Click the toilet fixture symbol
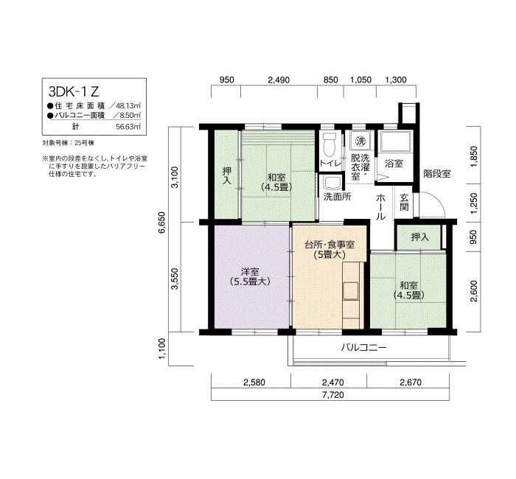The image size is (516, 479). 329,144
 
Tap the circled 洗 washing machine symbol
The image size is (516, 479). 361,141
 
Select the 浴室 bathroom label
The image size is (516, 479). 394,163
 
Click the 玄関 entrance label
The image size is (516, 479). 405,202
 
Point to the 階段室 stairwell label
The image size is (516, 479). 437,174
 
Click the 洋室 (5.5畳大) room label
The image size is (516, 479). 250,276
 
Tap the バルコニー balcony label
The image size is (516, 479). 363,347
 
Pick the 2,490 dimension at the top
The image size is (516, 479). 279,80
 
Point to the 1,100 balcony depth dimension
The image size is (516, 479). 162,349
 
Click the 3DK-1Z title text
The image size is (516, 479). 74,91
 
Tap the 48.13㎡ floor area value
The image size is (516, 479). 129,106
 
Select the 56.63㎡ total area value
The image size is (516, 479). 129,127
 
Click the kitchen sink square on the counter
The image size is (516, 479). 350,291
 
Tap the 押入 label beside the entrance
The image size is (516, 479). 420,237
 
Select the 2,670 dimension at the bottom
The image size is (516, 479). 411,382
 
